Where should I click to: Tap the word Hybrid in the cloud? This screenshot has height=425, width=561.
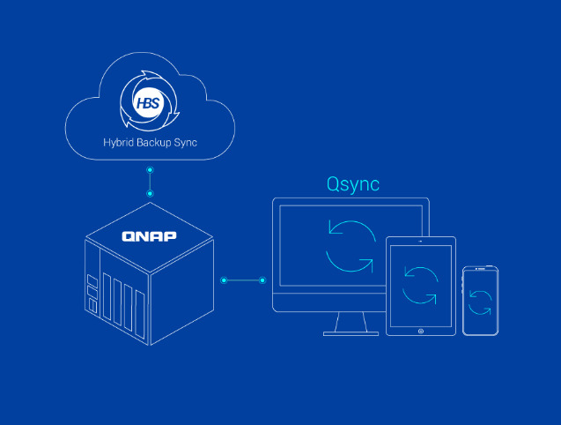[x=118, y=143]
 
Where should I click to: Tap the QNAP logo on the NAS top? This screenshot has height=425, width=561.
[x=149, y=236]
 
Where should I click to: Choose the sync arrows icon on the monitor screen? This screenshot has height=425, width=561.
[x=350, y=244]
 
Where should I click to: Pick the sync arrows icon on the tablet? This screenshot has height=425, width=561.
[x=420, y=282]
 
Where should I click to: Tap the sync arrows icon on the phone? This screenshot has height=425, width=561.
[x=480, y=302]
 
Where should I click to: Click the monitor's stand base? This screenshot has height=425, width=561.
[x=351, y=333]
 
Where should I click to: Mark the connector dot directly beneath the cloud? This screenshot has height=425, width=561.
[x=151, y=168]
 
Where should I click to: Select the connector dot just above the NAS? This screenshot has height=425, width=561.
[x=151, y=192]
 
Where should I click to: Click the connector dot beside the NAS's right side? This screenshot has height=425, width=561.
[x=225, y=280]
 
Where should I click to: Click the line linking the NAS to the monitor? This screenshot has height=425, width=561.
[x=245, y=280]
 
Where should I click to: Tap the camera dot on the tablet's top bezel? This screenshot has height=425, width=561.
[x=421, y=242]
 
